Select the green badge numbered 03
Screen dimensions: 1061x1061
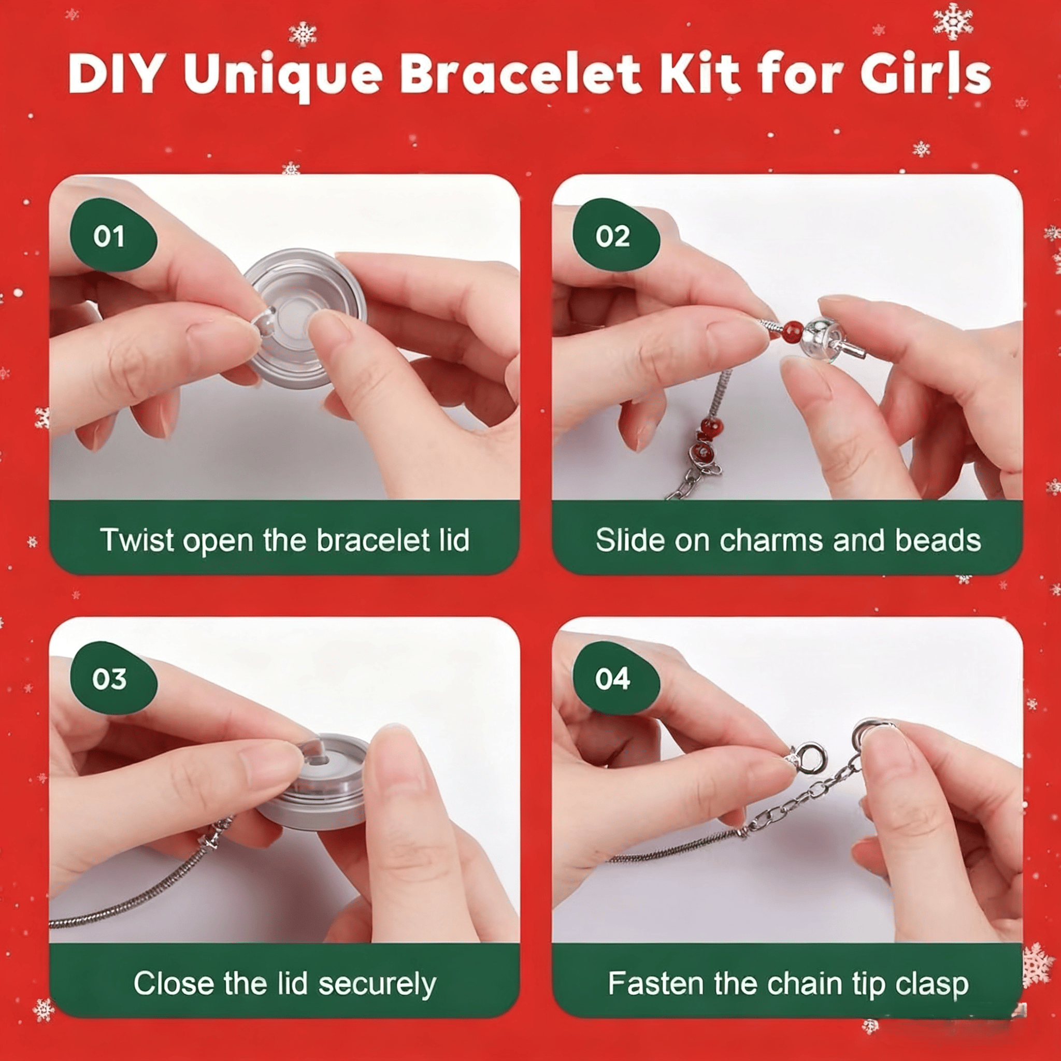click(x=113, y=678)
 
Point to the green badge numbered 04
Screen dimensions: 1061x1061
click(x=615, y=678)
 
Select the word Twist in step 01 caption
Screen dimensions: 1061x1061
click(x=137, y=540)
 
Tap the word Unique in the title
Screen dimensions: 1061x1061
click(x=282, y=76)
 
